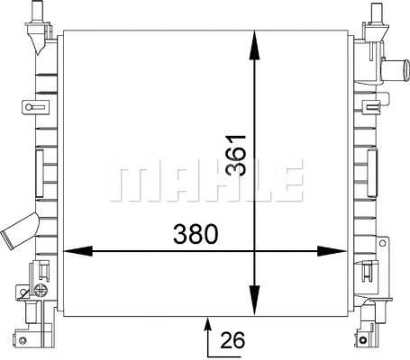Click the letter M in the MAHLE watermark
tap(125, 181)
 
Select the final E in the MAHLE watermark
tap(287, 181)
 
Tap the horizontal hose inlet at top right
tap(393, 67)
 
